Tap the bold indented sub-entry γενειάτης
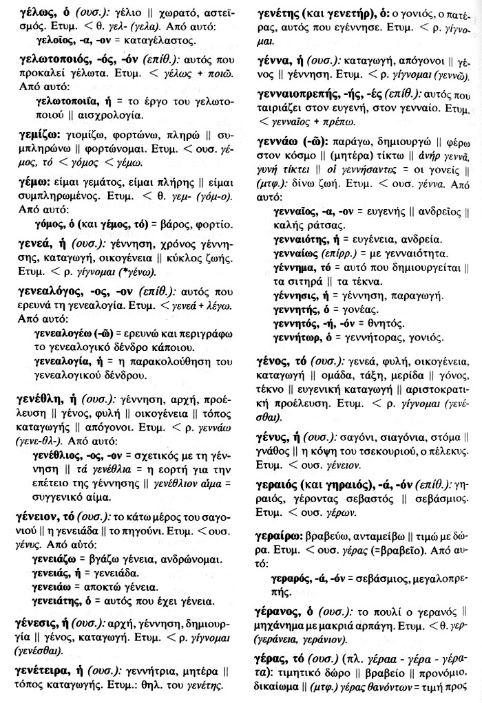(x=56, y=602)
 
